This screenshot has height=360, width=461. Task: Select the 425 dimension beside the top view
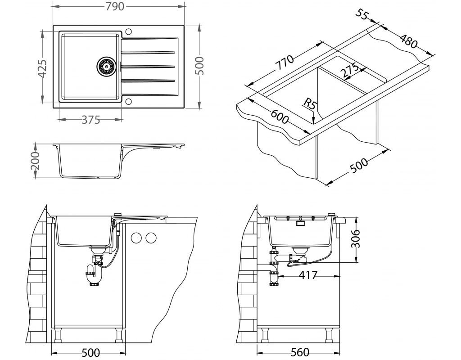click(x=42, y=68)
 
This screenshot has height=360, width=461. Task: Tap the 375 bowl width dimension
click(x=90, y=120)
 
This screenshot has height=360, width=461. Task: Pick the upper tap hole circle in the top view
click(x=128, y=31)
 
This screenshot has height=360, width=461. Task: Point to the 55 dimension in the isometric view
click(x=362, y=13)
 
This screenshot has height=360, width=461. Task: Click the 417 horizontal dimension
click(x=308, y=274)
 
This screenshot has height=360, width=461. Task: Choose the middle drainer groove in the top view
click(x=148, y=67)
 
